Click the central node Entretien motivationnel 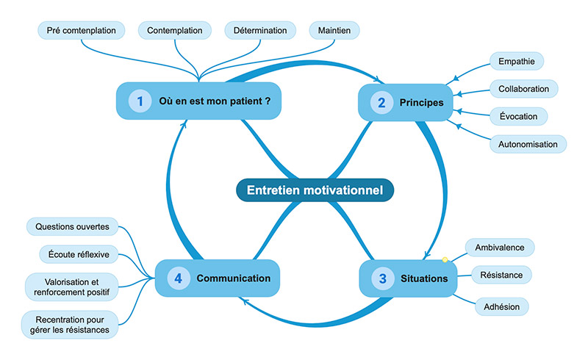(x=315, y=190)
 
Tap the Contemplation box (x=174, y=30)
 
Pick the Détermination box (x=260, y=30)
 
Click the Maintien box (x=334, y=30)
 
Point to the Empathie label (x=516, y=61)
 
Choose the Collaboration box (x=523, y=89)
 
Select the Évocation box (x=517, y=116)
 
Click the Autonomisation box (x=528, y=144)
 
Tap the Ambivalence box (x=500, y=247)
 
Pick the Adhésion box (x=501, y=305)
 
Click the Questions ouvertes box (x=72, y=226)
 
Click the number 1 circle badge (x=140, y=101)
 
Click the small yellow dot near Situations (x=445, y=259)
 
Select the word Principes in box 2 (x=421, y=103)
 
